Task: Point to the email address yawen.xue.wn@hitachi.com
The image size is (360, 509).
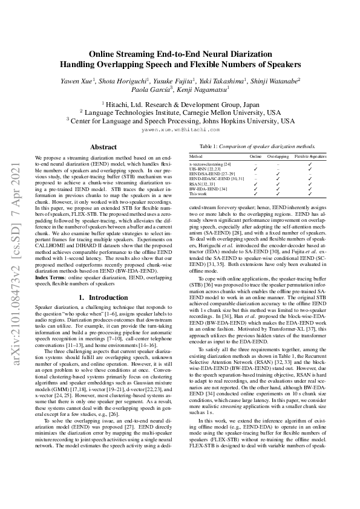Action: [180, 129]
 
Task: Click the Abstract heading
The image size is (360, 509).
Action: [103, 147]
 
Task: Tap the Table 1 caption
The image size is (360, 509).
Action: [257, 147]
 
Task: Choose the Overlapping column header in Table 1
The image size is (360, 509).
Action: [278, 156]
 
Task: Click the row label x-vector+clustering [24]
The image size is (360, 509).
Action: [210, 164]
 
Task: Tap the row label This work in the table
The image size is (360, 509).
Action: [198, 194]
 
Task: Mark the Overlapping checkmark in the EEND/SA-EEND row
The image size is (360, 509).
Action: [278, 174]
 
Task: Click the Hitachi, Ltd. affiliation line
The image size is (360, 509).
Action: [180, 104]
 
